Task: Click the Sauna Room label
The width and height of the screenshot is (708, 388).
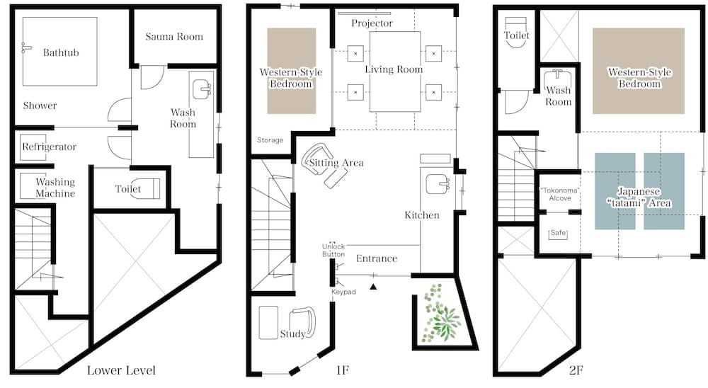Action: (x=174, y=37)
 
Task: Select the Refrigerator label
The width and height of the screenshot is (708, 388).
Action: (x=49, y=147)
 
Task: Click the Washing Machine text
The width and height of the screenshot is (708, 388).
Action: (x=55, y=188)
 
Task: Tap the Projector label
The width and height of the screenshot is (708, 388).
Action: (x=372, y=23)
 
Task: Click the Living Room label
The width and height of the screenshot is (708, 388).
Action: (x=394, y=69)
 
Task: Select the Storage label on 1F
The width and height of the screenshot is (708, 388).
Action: (x=270, y=140)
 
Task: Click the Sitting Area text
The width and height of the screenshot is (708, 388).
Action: (x=336, y=163)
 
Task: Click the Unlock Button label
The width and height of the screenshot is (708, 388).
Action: (x=333, y=250)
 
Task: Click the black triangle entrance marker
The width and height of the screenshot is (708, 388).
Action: (x=373, y=286)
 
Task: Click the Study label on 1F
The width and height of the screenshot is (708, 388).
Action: (x=292, y=334)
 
